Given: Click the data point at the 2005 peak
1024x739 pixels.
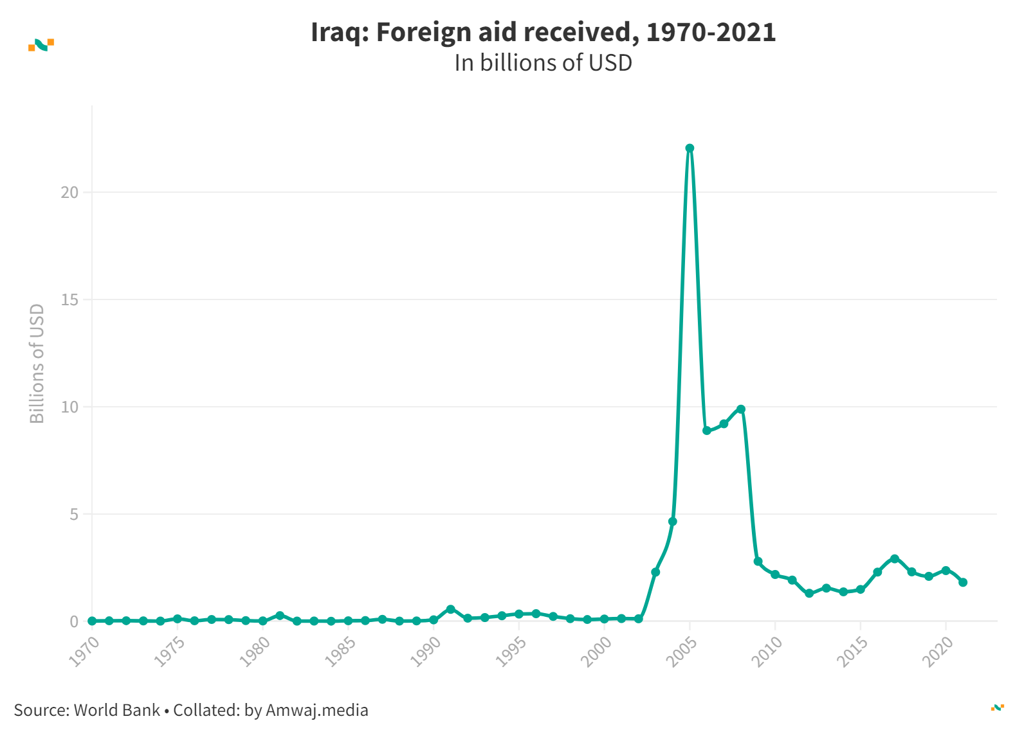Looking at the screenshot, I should [690, 148].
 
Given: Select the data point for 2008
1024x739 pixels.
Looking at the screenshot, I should [741, 409].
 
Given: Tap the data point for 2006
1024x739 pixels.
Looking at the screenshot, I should [707, 431].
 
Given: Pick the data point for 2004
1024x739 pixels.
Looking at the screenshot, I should [673, 521].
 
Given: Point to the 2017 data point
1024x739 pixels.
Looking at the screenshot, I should [895, 558].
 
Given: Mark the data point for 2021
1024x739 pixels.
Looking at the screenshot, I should [963, 582].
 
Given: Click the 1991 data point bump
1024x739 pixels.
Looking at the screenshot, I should [450, 609].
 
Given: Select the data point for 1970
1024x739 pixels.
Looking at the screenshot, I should [92, 621].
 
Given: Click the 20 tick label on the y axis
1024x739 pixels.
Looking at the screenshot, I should [69, 192].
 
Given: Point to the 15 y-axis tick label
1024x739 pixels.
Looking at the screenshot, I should [69, 299].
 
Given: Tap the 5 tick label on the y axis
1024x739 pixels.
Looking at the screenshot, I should [74, 514].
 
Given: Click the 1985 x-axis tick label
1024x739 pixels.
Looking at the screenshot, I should [340, 652].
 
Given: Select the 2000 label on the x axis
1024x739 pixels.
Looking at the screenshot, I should [596, 652].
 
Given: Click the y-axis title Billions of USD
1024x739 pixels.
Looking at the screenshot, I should [37, 364].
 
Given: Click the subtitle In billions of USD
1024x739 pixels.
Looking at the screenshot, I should [543, 63].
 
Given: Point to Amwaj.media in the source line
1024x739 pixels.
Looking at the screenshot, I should [316, 710].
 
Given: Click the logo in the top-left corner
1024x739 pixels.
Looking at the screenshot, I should [41, 44].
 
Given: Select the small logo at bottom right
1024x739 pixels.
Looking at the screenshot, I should [997, 708].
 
